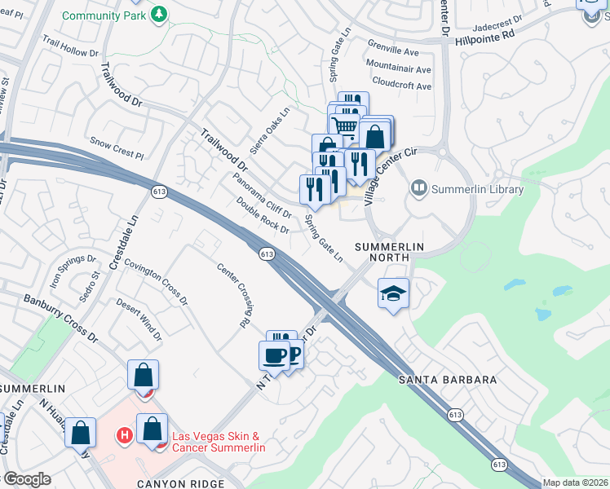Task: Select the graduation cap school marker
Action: coord(392,292)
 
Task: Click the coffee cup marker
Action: coord(274,355)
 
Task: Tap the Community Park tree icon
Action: coord(160,14)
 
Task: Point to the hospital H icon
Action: coord(125,436)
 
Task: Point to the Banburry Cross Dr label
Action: coord(60,319)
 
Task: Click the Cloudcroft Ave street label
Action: coord(400,82)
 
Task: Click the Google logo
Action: coord(26,479)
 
